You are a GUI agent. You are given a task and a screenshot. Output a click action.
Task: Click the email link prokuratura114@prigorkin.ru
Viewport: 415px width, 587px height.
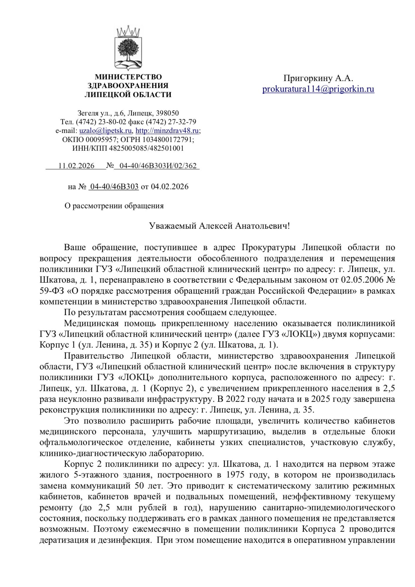(x=318, y=89)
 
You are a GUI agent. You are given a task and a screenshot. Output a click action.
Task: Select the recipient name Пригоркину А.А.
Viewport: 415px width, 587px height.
(x=318, y=78)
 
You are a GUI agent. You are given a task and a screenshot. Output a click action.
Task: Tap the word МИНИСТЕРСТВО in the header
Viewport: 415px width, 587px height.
(x=128, y=77)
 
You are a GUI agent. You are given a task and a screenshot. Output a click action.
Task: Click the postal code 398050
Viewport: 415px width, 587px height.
(x=167, y=113)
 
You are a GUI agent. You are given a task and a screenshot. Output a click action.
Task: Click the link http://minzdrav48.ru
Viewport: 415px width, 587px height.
(x=167, y=131)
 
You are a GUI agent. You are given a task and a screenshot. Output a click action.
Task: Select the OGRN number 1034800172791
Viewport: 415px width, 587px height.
(x=167, y=139)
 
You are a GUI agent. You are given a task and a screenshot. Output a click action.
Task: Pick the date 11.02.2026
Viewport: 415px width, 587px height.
(x=76, y=166)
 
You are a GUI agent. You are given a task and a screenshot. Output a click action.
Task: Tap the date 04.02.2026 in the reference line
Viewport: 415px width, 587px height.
(x=170, y=187)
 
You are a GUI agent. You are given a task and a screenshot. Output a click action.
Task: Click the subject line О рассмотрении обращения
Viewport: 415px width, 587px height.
(x=114, y=206)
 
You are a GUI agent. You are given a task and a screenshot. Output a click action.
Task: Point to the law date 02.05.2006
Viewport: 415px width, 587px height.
(x=362, y=280)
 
